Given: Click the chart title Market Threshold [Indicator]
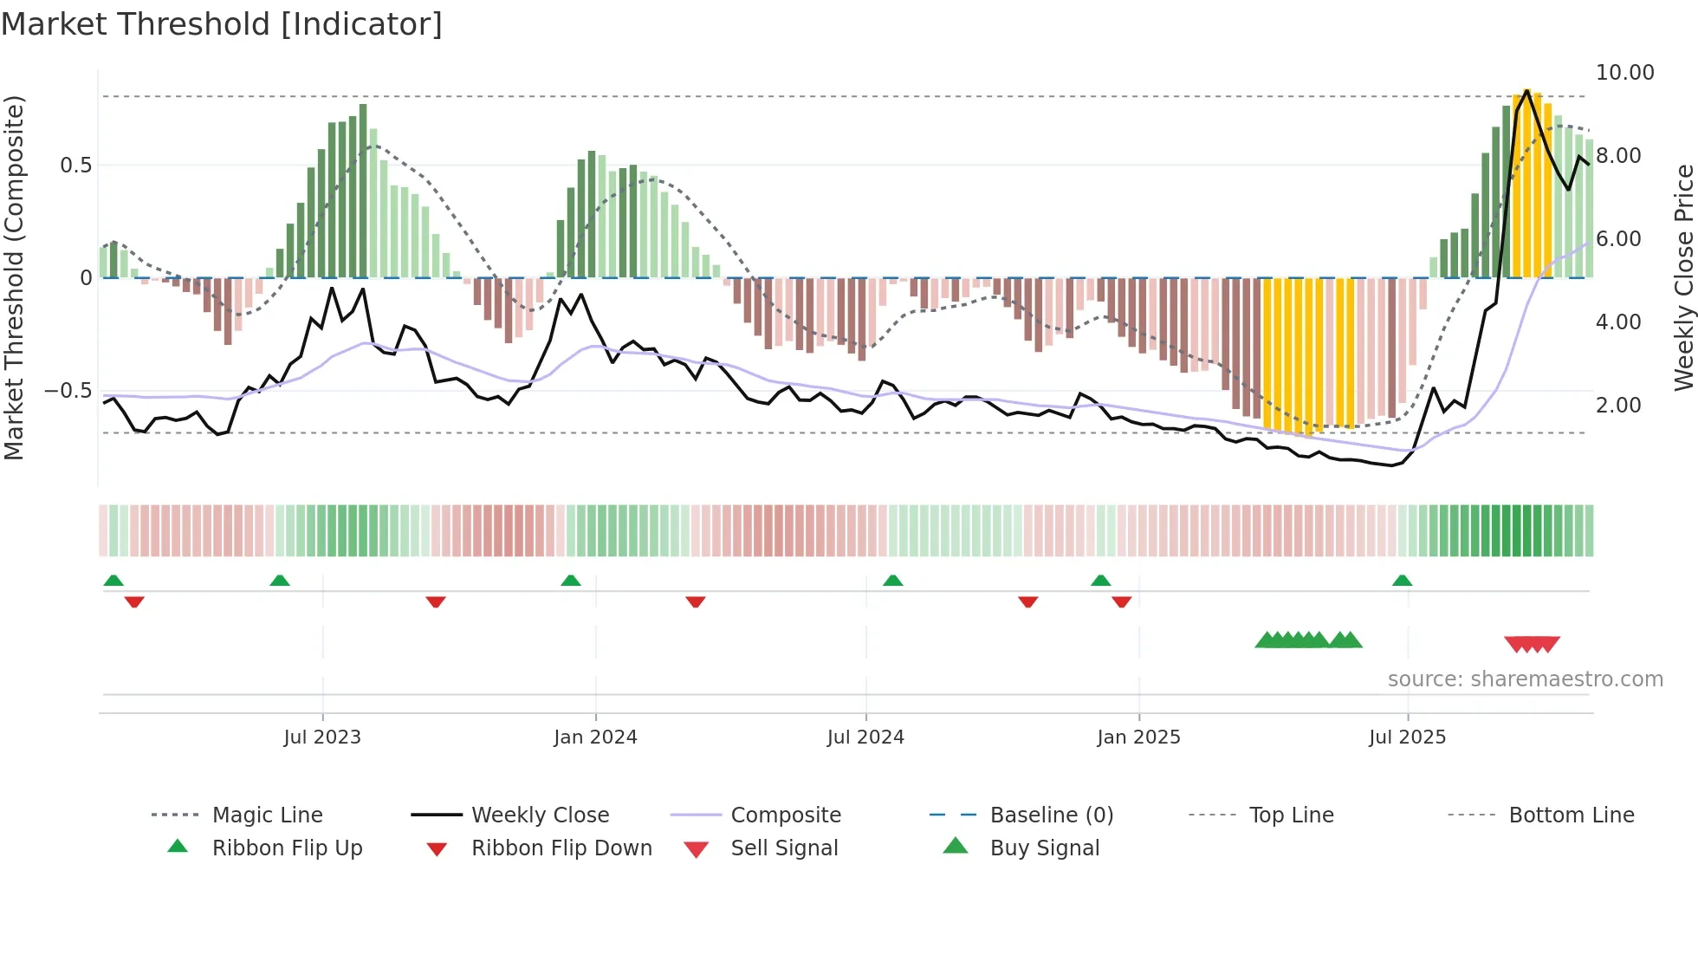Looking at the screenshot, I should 222,24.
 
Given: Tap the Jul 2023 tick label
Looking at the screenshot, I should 322,737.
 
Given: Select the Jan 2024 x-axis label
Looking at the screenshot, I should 595,737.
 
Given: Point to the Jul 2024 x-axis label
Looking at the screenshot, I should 865,737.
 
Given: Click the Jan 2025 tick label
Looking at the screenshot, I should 1138,737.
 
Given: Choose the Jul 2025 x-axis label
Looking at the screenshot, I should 1407,737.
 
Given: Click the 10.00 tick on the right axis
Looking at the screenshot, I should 1624,73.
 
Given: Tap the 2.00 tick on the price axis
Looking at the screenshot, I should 1617,406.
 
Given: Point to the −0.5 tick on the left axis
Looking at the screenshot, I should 68,391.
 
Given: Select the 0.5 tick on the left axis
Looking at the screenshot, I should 75,166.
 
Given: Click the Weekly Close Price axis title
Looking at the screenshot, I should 1683,277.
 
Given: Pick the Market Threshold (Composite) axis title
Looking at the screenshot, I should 14,277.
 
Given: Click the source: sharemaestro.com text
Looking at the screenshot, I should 1525,679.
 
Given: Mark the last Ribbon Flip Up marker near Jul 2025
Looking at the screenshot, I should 1402,581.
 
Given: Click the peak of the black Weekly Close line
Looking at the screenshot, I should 1526,90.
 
